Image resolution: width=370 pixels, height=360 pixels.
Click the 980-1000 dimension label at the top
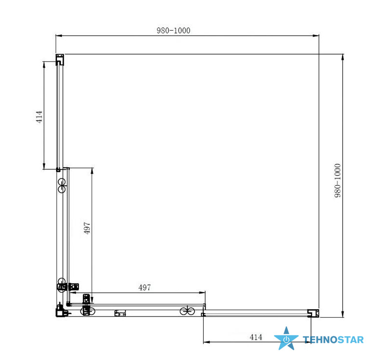174,30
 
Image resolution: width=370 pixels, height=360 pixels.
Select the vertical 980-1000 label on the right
338,180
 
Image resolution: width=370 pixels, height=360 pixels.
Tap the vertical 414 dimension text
39,117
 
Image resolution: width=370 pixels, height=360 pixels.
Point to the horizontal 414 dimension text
256,337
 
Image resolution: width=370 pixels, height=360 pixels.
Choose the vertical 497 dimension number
87,228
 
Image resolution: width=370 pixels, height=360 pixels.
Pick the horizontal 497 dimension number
144,287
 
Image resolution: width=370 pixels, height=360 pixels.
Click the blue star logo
286,339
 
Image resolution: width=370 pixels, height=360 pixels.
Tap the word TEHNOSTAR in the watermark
333,340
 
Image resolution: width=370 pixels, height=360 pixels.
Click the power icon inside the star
286,340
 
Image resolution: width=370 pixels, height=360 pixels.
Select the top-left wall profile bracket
59,60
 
